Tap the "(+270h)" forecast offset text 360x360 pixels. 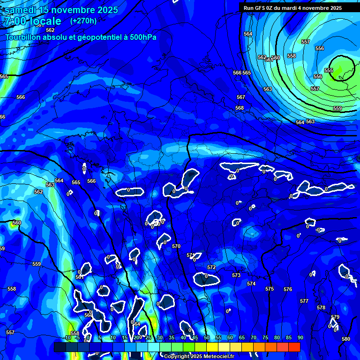[83, 21]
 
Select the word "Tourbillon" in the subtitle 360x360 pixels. [24, 37]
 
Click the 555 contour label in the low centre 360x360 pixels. [329, 70]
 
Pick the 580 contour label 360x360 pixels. [346, 339]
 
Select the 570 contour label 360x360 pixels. [176, 246]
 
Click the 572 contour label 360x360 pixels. [211, 267]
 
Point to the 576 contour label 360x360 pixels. [288, 289]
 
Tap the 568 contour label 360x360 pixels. [240, 108]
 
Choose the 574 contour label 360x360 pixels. [251, 284]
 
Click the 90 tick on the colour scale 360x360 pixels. [300, 337]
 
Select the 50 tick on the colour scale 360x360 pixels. [207, 337]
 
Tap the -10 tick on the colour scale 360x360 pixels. [68, 337]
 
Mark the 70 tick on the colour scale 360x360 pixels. [254, 337]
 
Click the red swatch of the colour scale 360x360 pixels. [294, 347]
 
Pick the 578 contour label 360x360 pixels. [321, 307]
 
